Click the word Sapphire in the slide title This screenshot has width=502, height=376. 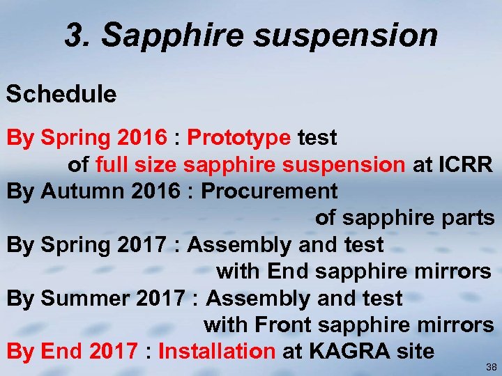tap(173, 36)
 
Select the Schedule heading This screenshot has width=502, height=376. tap(61, 94)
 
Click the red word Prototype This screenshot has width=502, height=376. tap(239, 138)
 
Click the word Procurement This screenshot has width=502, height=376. tap(269, 191)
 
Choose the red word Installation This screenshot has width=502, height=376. tap(217, 351)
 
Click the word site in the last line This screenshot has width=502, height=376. tap(416, 351)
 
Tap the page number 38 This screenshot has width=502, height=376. tap(492, 366)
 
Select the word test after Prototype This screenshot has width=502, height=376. tap(317, 138)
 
